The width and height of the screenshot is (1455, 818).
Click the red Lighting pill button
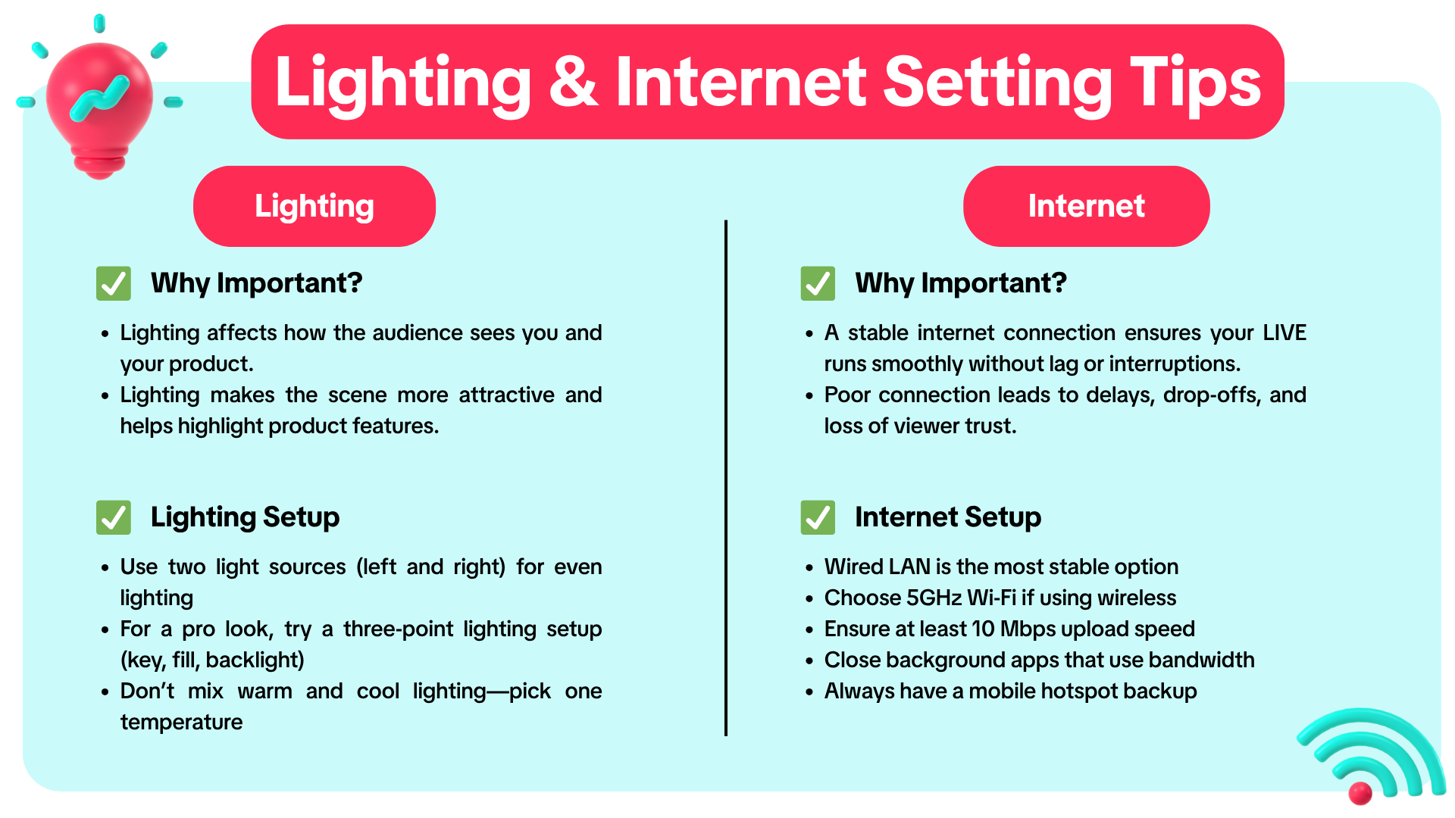pyautogui.click(x=314, y=206)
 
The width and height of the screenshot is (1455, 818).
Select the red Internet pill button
pyautogui.click(x=1086, y=206)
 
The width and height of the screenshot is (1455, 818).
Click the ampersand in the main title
pyautogui.click(x=574, y=81)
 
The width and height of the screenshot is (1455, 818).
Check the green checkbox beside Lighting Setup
pyautogui.click(x=114, y=517)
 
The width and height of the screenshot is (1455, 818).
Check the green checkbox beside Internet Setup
pyautogui.click(x=818, y=517)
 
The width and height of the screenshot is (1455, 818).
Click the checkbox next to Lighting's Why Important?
pyautogui.click(x=114, y=283)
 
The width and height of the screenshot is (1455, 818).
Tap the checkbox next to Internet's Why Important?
pyautogui.click(x=818, y=283)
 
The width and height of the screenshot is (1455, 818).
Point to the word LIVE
pyautogui.click(x=1284, y=333)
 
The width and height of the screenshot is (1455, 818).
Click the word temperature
pyautogui.click(x=182, y=723)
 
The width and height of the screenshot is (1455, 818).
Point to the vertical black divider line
pyautogui.click(x=726, y=478)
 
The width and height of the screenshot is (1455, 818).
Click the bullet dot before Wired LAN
pyautogui.click(x=809, y=567)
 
